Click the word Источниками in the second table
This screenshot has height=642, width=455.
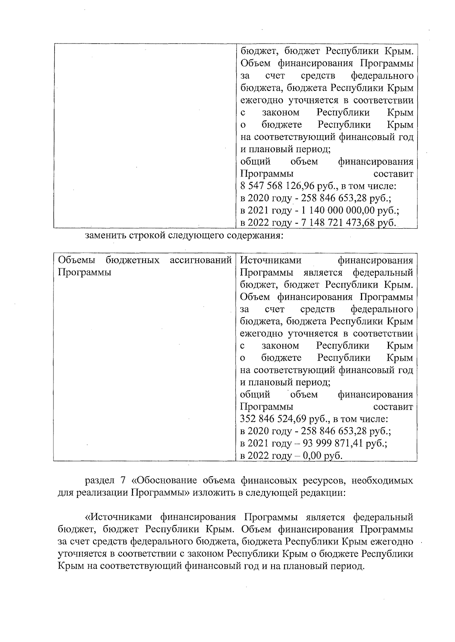coord(271,260)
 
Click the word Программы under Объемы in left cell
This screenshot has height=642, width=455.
coord(84,273)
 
